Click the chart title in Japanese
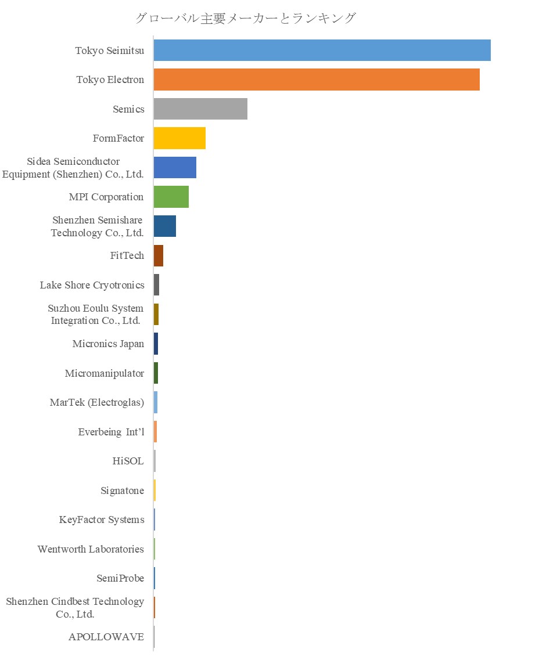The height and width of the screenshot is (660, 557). (x=245, y=19)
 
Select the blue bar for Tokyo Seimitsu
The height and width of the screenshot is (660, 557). (x=322, y=50)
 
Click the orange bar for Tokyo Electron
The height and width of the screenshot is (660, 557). (x=317, y=80)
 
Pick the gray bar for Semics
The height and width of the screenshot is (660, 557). (x=200, y=109)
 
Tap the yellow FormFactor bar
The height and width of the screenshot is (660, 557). (x=179, y=138)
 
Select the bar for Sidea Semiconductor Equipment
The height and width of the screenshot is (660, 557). (x=175, y=167)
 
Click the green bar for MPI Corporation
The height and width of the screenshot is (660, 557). (x=171, y=197)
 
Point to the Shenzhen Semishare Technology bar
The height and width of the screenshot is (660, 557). (x=165, y=226)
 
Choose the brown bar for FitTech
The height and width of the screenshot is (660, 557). (x=159, y=255)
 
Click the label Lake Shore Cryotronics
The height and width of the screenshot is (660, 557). (x=92, y=285)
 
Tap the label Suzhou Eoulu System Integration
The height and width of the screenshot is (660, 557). (x=96, y=314)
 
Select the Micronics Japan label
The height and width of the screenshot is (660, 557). (x=108, y=344)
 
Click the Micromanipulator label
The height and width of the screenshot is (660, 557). (x=105, y=373)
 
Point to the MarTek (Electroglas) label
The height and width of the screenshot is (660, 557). (x=97, y=402)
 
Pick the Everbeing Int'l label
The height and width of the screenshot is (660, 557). (x=111, y=432)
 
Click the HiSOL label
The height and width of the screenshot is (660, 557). (x=128, y=461)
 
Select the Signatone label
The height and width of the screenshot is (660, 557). (x=122, y=491)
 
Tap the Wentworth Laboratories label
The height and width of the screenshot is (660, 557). (x=91, y=549)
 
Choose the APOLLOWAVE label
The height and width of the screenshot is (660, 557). (x=106, y=637)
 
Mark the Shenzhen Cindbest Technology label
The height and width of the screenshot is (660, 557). (x=75, y=608)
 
